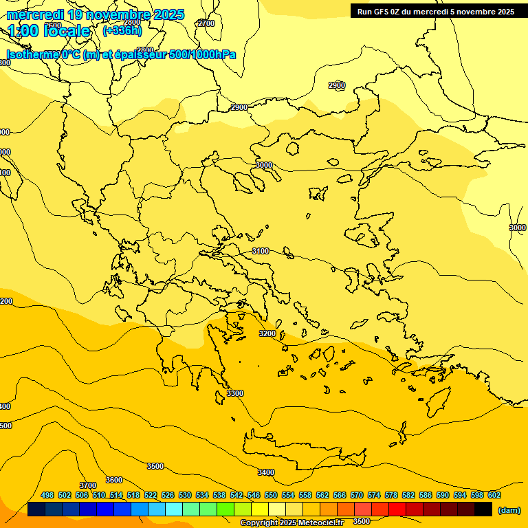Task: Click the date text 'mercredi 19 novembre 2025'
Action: pyautogui.click(x=96, y=14)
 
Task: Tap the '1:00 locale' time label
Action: pyautogui.click(x=49, y=31)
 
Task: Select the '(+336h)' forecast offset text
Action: pyautogui.click(x=122, y=31)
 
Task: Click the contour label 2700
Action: pyautogui.click(x=206, y=23)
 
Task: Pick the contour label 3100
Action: pyautogui.click(x=261, y=251)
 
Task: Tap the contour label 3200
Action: pyautogui.click(x=267, y=333)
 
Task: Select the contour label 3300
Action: pyautogui.click(x=235, y=393)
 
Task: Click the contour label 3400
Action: pyautogui.click(x=266, y=472)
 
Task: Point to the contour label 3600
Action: pyautogui.click(x=114, y=480)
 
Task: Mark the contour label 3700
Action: pyautogui.click(x=87, y=485)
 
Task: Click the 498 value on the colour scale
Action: pyautogui.click(x=47, y=495)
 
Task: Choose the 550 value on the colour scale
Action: pyautogui.click(x=271, y=495)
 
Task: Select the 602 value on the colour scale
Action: pyautogui.click(x=494, y=495)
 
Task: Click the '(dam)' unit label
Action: pyautogui.click(x=509, y=510)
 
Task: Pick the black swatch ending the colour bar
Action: pyautogui.click(x=483, y=509)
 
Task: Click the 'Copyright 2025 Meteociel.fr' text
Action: pyautogui.click(x=291, y=523)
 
